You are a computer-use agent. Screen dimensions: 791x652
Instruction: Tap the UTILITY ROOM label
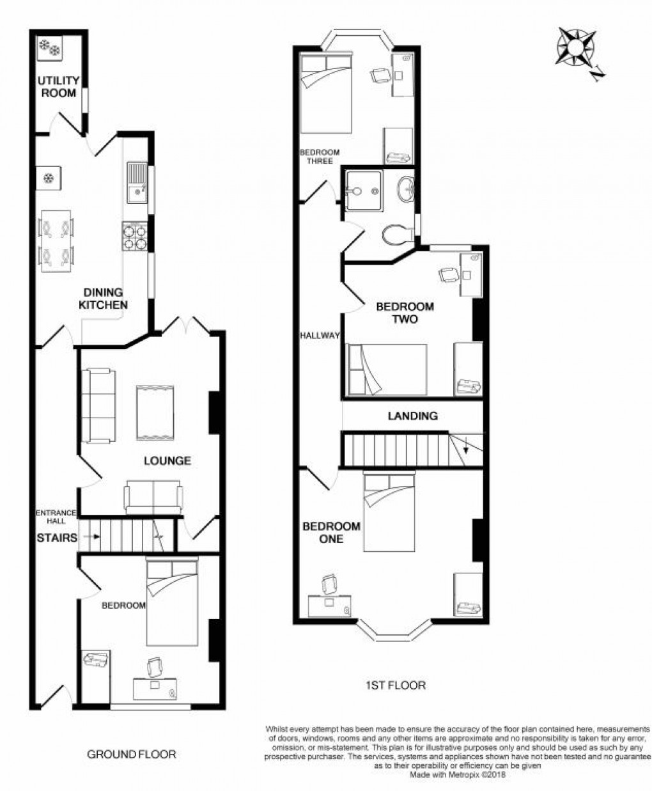[x=58, y=87]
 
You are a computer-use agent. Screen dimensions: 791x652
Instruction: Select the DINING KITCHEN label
[x=103, y=299]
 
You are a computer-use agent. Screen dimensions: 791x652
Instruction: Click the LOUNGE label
[x=167, y=460]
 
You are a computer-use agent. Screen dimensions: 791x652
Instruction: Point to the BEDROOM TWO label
[x=405, y=313]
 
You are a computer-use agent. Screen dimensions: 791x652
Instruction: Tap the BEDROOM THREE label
[x=320, y=157]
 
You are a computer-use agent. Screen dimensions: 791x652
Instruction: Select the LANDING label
[x=413, y=416]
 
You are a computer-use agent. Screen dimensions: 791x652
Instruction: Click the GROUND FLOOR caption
[x=132, y=755]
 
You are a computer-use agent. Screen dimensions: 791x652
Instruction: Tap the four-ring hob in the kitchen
[x=135, y=237]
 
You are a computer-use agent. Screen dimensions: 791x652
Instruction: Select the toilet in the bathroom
[x=398, y=235]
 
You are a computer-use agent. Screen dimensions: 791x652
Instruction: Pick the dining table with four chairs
[x=56, y=242]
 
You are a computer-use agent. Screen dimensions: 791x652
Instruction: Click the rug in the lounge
[x=155, y=413]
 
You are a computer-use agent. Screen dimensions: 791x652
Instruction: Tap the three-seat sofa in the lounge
[x=98, y=405]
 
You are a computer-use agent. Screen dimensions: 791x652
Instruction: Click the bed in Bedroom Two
[x=387, y=370]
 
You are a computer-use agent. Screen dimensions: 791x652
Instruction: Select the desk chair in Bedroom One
[x=330, y=584]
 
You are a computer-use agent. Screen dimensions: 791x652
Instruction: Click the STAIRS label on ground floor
[x=56, y=538]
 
